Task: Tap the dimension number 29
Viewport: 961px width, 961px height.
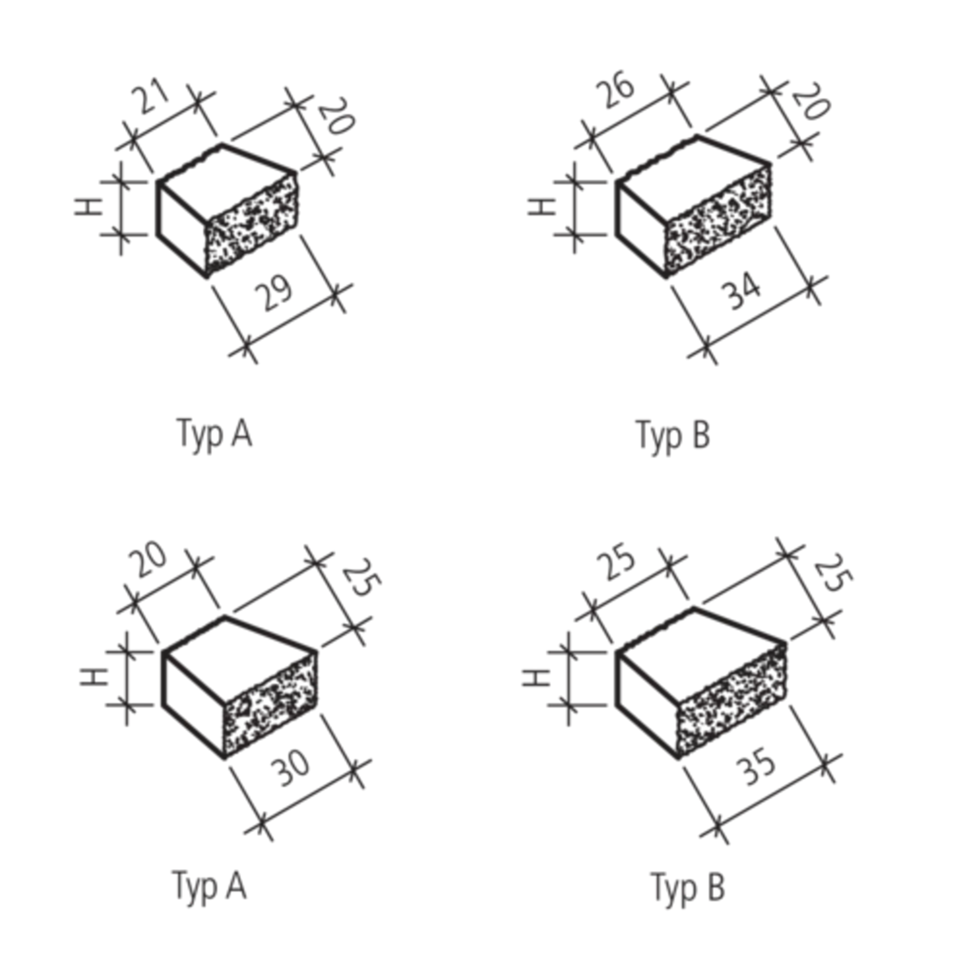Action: (274, 296)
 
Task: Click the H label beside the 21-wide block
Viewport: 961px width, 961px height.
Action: (88, 208)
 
